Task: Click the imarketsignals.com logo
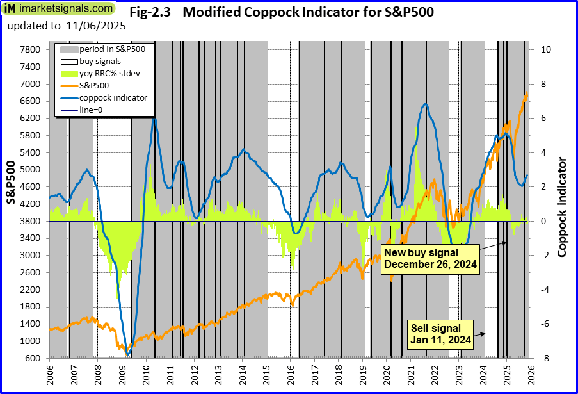click(59, 10)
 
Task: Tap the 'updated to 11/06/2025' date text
click(67, 26)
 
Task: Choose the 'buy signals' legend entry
click(97, 62)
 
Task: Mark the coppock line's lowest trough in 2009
click(128, 354)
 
